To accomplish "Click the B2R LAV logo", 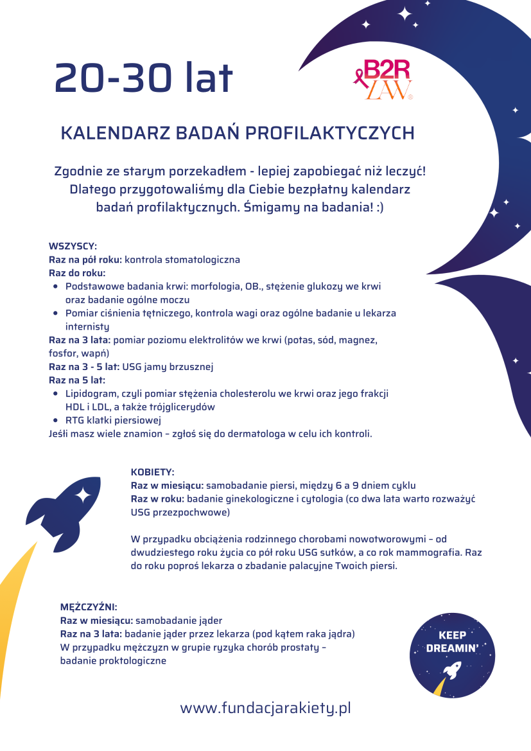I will [385, 80].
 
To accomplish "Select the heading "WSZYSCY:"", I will [73, 246].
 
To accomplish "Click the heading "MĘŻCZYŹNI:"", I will [89, 606].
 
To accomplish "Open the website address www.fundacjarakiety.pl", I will [265, 708].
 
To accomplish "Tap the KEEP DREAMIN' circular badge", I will [453, 655].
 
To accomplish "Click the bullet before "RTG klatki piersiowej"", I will [56, 420].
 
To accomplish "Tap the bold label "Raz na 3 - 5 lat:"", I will [84, 367].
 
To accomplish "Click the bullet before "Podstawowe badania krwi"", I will [56, 287].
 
